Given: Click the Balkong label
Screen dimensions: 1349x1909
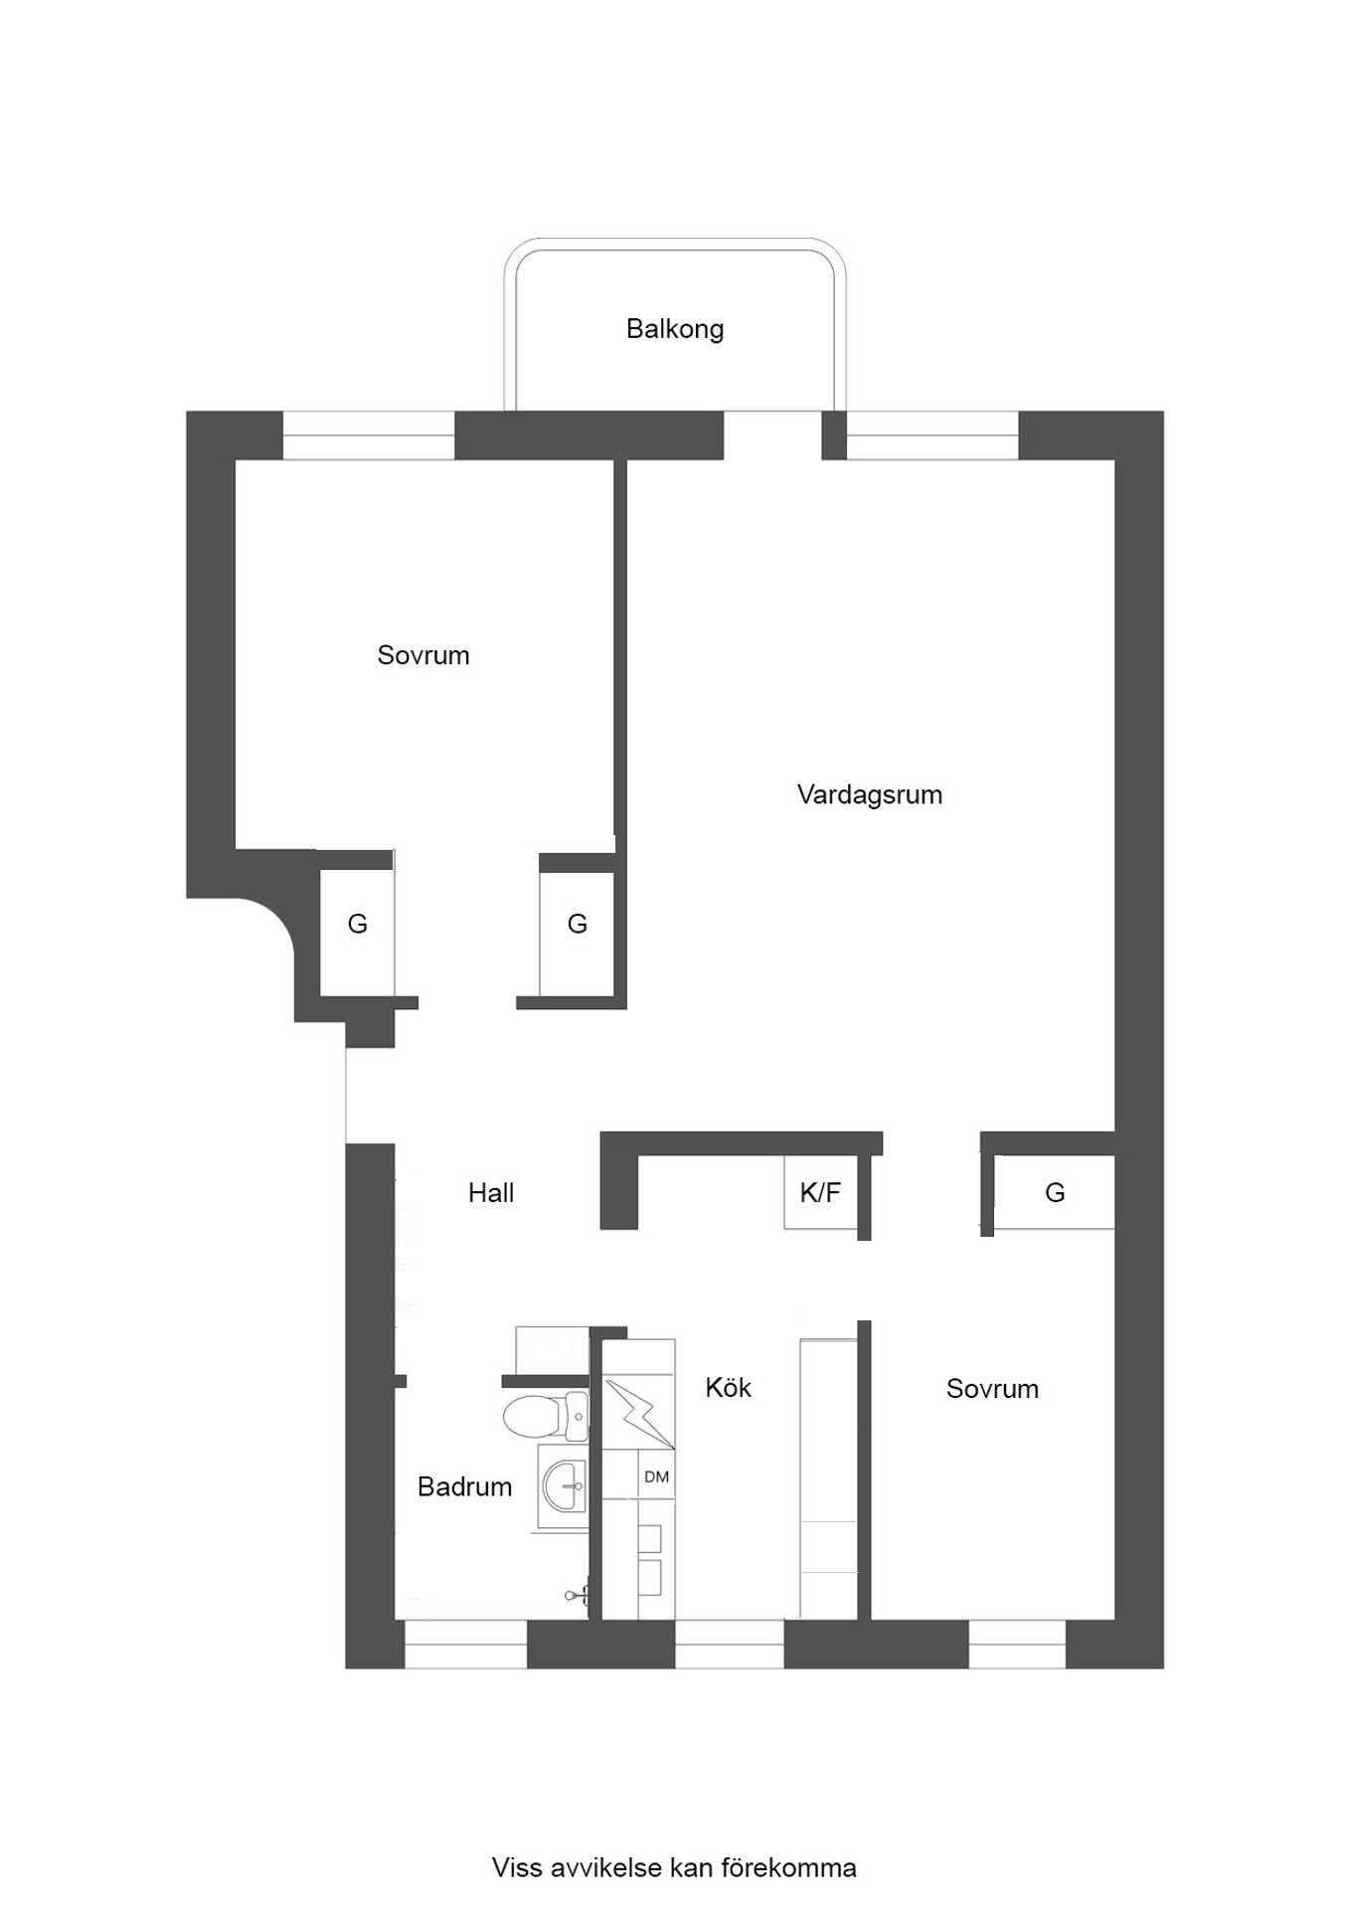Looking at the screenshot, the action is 674,329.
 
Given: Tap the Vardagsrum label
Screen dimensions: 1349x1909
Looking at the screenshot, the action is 870,794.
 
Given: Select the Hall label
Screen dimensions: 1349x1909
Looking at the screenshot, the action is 491,1192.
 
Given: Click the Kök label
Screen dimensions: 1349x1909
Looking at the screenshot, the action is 728,1387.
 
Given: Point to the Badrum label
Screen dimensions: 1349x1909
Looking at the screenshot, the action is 464,1486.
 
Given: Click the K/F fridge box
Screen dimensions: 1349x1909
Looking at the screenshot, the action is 821,1192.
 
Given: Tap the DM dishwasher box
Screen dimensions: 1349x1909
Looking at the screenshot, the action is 656,1476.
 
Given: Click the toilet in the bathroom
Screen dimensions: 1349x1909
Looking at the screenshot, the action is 546,1416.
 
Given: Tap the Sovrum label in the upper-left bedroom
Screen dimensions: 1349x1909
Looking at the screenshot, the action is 422,655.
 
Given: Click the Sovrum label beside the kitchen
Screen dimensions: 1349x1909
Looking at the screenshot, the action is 992,1389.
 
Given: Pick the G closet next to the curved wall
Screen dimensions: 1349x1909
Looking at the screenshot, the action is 357,924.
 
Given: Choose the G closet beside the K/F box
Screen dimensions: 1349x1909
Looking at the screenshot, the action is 1055,1192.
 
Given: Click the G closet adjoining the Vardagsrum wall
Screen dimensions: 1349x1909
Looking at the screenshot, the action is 577,924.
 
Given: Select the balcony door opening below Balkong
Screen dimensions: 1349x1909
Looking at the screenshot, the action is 772,435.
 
